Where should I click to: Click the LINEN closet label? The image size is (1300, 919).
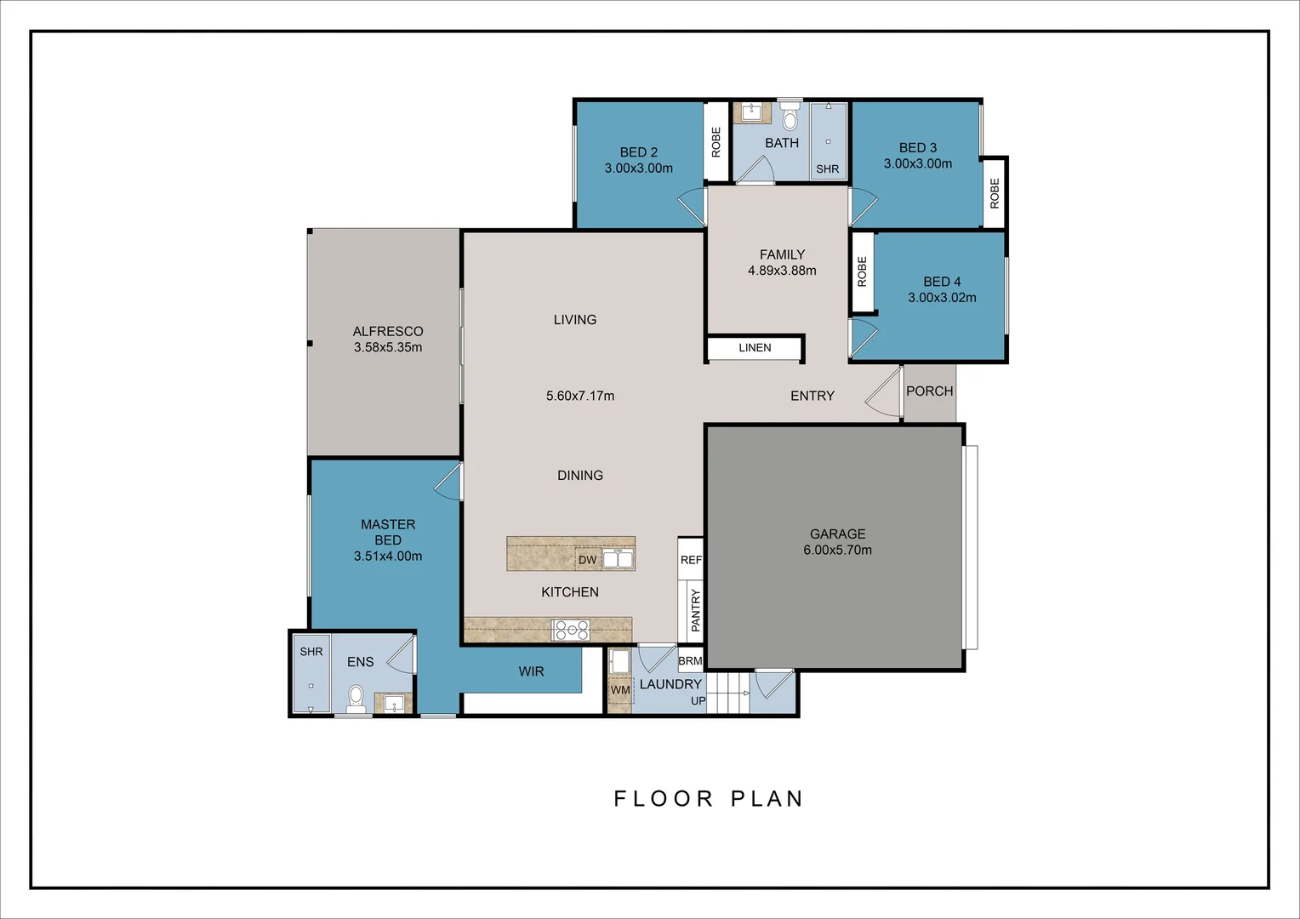[x=755, y=348]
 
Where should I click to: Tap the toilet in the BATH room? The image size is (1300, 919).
[x=790, y=116]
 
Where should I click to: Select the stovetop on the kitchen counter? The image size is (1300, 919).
[x=570, y=630]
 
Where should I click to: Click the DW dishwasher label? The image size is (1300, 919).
[x=587, y=560]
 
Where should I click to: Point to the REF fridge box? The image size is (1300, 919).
[x=691, y=558]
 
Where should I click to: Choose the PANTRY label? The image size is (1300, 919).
[x=696, y=610]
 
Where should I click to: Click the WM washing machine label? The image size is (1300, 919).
[x=620, y=690]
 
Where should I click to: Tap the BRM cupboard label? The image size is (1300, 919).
[x=690, y=660]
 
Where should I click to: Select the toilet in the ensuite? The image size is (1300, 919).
[x=356, y=698]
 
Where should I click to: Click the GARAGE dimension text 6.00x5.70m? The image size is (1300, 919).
[x=837, y=550]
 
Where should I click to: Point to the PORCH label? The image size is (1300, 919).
[x=929, y=391]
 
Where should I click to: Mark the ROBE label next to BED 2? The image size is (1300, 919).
[x=716, y=142]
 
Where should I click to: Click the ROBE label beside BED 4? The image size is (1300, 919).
[x=862, y=271]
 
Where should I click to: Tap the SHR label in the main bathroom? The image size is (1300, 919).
[x=827, y=169]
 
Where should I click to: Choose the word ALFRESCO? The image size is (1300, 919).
[x=388, y=332]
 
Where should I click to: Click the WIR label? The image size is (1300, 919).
[x=531, y=671]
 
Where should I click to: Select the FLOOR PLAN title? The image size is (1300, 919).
[x=708, y=799]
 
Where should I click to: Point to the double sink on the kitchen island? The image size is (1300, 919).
[x=618, y=559]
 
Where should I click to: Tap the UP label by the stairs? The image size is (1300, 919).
[x=698, y=700]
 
